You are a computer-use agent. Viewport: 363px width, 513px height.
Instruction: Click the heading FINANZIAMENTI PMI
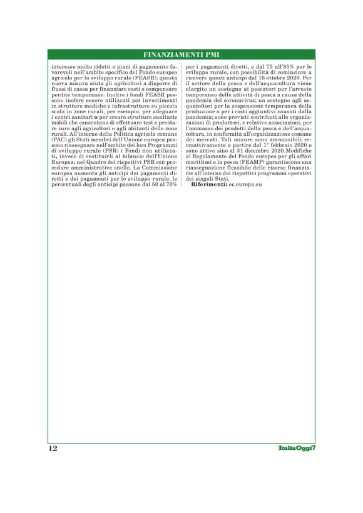(x=181, y=55)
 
